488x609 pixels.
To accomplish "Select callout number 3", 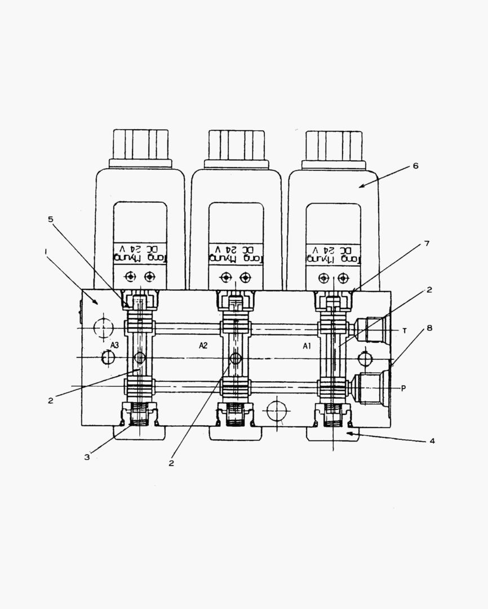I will tap(87, 457).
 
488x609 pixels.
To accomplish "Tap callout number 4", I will tap(432, 441).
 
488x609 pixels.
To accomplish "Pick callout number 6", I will tap(415, 166).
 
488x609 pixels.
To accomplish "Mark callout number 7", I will tap(427, 244).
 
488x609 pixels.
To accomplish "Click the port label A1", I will tap(307, 346).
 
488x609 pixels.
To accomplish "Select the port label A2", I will tap(203, 345).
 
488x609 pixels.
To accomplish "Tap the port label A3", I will tap(114, 345).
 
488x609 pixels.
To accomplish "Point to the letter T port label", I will tap(404, 330).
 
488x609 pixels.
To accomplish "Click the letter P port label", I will tap(403, 388).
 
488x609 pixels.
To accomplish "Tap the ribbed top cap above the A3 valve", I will tap(140, 144).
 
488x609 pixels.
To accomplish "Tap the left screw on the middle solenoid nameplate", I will tap(226, 277).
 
